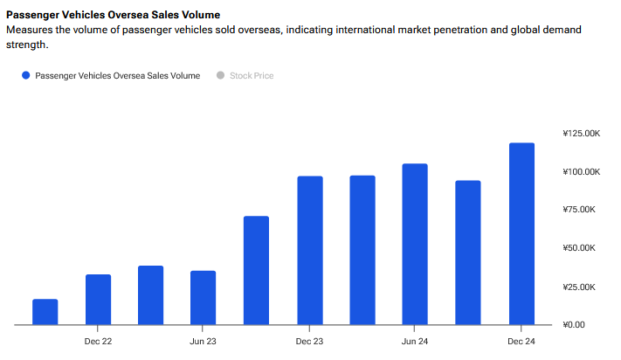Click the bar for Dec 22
tap(98, 300)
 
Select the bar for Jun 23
tap(203, 298)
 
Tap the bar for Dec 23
tap(310, 251)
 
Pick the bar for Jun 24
tap(415, 245)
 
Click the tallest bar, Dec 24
tap(521, 234)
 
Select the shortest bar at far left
tap(45, 312)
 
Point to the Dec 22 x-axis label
tap(98, 341)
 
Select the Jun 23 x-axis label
tap(203, 341)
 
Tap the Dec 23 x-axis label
tap(310, 341)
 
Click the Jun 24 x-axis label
tap(415, 341)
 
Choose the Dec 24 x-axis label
tap(521, 341)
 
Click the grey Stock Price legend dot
tap(220, 76)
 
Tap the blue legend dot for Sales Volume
tap(26, 76)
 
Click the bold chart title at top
tap(113, 15)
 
